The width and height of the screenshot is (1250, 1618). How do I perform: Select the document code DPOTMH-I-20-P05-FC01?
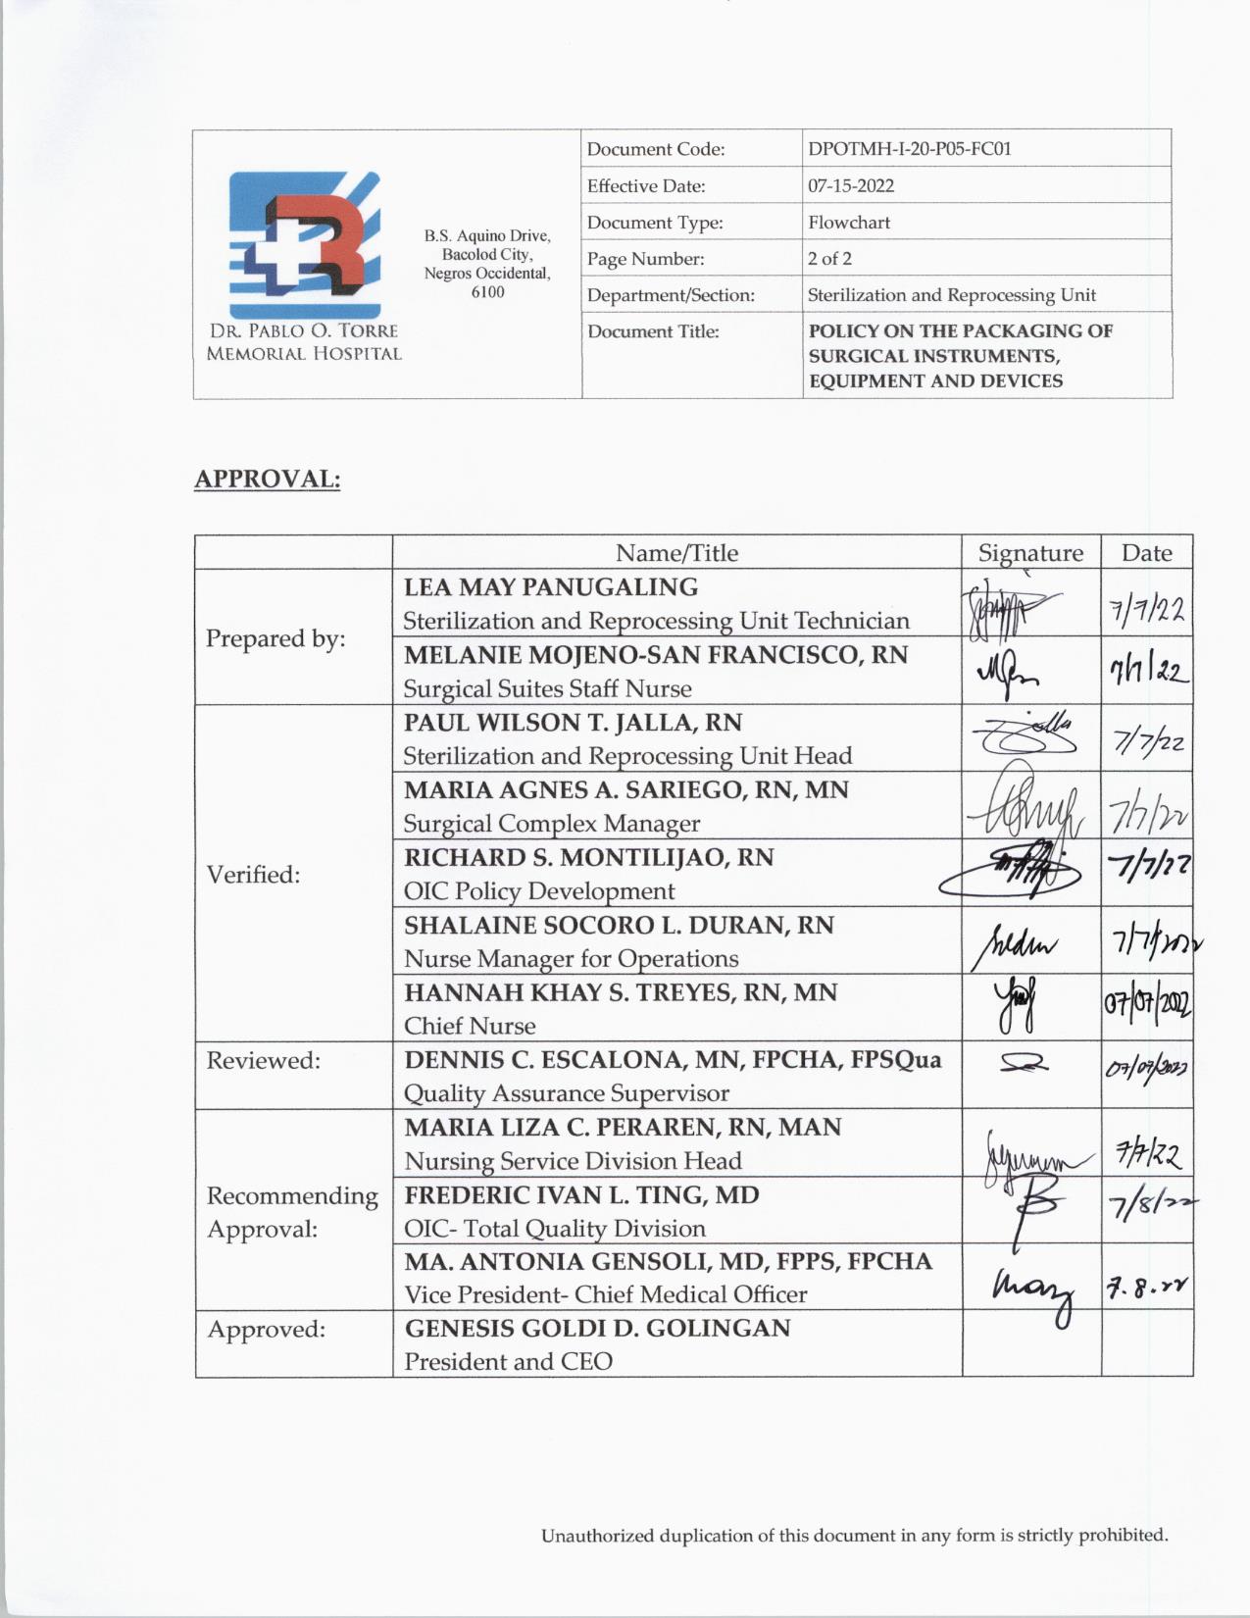pyautogui.click(x=909, y=149)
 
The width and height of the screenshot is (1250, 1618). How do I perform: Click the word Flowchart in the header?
pyautogui.click(x=849, y=223)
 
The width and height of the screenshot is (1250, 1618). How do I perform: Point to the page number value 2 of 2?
pyautogui.click(x=829, y=259)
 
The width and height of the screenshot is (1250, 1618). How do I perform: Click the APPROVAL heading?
pyautogui.click(x=267, y=480)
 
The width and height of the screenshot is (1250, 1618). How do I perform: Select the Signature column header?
pyautogui.click(x=1030, y=553)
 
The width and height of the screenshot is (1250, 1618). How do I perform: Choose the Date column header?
pyautogui.click(x=1146, y=553)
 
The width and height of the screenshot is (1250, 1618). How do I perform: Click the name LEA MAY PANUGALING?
pyautogui.click(x=551, y=587)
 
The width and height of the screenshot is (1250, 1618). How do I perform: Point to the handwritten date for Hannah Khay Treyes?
pyautogui.click(x=1147, y=1006)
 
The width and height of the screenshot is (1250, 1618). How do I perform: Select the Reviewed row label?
pyautogui.click(x=263, y=1060)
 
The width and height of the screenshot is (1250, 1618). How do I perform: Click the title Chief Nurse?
pyautogui.click(x=470, y=1026)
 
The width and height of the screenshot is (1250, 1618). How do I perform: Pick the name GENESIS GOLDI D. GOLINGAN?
pyautogui.click(x=597, y=1329)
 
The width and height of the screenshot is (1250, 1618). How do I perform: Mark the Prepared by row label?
pyautogui.click(x=275, y=638)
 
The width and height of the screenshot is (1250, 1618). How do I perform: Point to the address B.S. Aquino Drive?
pyautogui.click(x=487, y=236)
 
